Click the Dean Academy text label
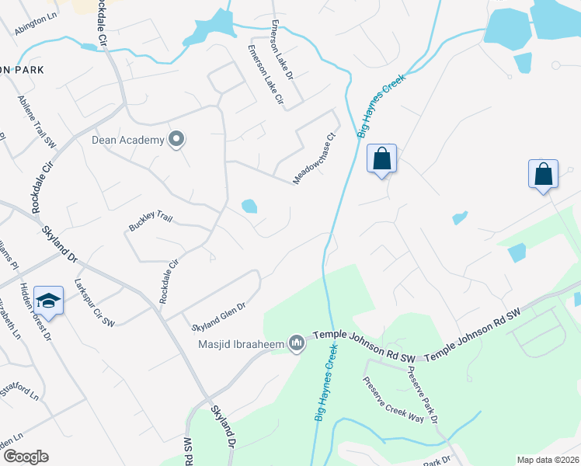click(128, 140)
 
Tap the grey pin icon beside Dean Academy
click(176, 140)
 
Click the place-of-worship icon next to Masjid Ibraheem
click(296, 343)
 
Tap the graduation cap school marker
click(48, 301)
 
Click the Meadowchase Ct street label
click(314, 158)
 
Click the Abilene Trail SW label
click(37, 120)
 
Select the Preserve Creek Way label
click(393, 399)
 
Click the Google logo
click(25, 457)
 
